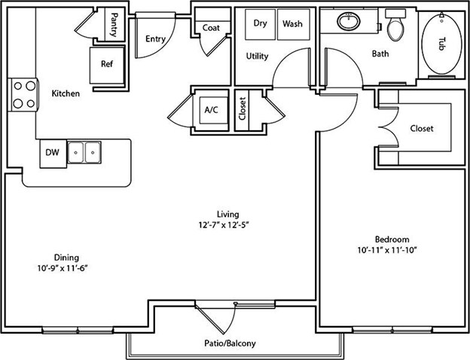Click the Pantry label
pos(114,25)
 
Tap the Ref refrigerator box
pos(107,66)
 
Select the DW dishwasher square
pos(53,154)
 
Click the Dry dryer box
pos(260,24)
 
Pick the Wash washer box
pos(294,24)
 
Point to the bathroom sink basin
pos(349,21)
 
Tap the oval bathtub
pos(441,44)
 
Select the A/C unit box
pos(214,110)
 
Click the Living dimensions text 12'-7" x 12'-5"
pos(224,225)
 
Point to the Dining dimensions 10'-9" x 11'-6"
pos(63,268)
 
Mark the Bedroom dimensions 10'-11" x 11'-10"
pos(387,250)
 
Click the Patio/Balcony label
pos(230,343)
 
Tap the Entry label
pos(156,39)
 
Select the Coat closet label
pos(211,28)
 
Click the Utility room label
pos(257,56)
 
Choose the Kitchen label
pos(66,93)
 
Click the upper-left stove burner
pos(18,86)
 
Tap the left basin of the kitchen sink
pos(76,153)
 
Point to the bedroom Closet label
pos(422,128)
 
